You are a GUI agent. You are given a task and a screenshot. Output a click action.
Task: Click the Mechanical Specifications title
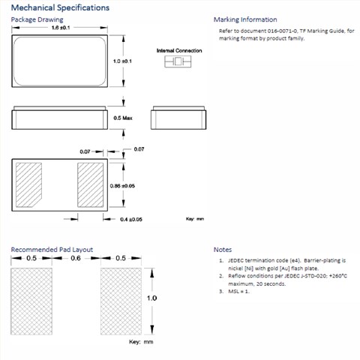pos(60,7)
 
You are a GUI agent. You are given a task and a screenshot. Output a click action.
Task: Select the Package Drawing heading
pos(37,19)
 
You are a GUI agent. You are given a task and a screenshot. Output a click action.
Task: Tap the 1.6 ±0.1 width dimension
pos(61,28)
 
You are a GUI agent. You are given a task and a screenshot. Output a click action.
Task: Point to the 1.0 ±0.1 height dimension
pos(122,61)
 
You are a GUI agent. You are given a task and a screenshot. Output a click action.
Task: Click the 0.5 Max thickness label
pos(123,118)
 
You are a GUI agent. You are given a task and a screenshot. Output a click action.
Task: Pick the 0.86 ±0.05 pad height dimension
pos(122,186)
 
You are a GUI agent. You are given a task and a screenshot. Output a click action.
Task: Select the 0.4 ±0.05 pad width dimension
pos(131,219)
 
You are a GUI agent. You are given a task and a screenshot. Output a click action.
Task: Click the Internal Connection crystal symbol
pos(178,61)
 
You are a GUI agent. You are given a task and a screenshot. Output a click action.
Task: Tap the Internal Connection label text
pos(179,50)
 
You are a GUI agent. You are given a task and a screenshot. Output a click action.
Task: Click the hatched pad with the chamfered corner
pos(28,184)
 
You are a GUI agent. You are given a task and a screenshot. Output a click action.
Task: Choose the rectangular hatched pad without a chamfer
pos(90,184)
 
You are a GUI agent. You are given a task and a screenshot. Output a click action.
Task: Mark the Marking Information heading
pos(245,19)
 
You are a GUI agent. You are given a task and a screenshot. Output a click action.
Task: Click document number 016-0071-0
pos(283,31)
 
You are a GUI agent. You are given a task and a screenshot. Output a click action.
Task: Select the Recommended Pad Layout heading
pos(52,250)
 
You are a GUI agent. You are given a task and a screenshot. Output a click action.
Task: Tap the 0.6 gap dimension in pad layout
pos(76,258)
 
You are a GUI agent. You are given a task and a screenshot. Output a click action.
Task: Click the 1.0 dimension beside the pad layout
pos(151,298)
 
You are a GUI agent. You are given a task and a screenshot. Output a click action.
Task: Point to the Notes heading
pos(223,250)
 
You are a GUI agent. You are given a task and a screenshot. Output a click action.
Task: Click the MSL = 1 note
pos(238,291)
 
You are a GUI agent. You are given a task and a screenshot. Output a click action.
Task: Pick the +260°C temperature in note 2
pos(338,276)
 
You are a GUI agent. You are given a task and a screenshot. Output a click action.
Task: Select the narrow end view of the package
pos(178,118)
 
